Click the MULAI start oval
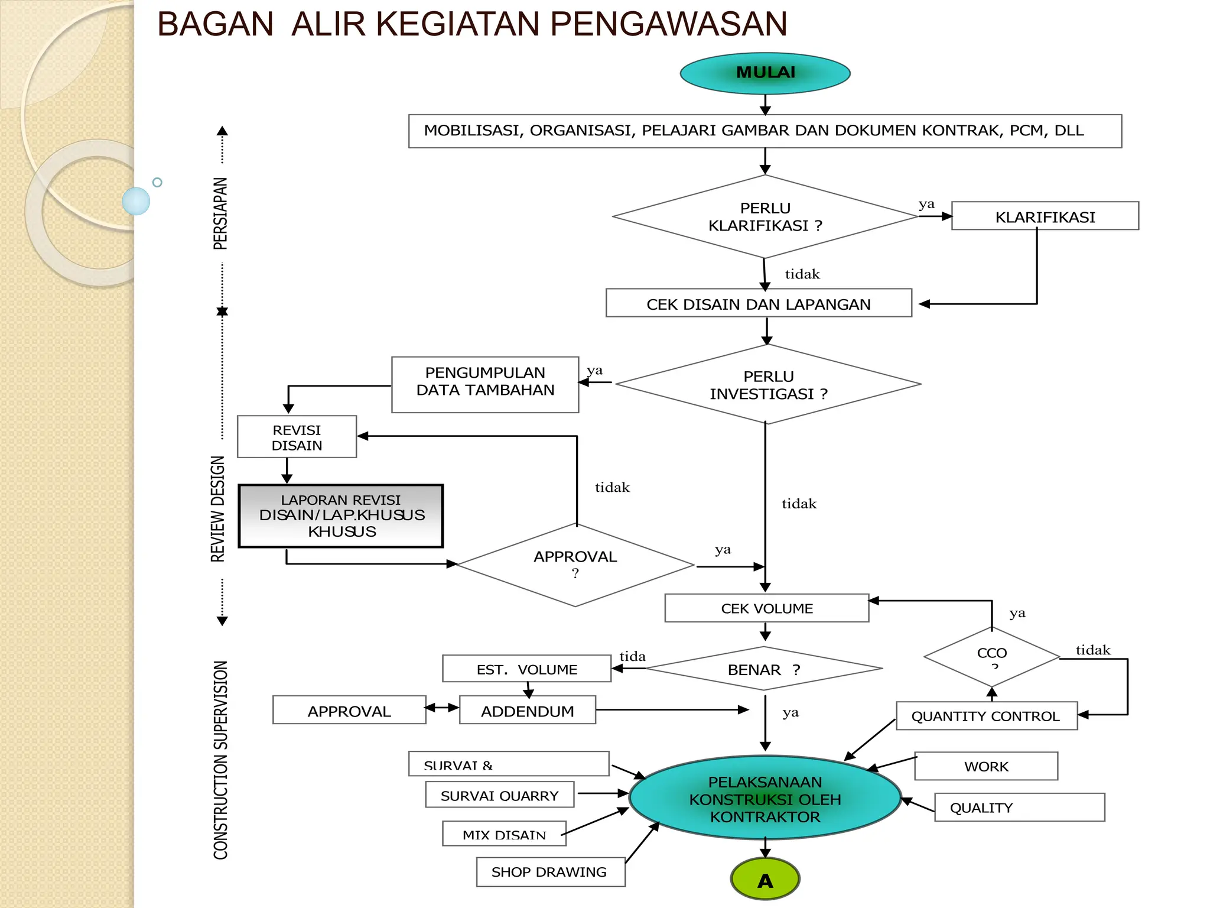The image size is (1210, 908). tap(765, 73)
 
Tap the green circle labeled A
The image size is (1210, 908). tap(765, 879)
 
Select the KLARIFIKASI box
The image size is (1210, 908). tap(1045, 216)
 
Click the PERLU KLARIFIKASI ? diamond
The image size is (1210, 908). tap(765, 217)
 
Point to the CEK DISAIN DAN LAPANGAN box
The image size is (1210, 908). tap(759, 304)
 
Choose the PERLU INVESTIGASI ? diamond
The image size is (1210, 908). tap(768, 385)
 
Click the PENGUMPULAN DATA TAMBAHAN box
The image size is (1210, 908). tap(485, 384)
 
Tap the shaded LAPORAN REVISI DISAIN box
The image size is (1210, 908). tap(341, 516)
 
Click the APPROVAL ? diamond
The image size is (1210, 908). tap(575, 565)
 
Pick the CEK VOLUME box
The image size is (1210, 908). tap(766, 608)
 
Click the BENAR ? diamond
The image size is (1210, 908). tap(763, 669)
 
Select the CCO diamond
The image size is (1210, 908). tap(991, 656)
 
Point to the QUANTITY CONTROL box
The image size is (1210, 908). tap(986, 716)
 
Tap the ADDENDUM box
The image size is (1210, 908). tap(527, 711)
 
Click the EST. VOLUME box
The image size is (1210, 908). tap(526, 669)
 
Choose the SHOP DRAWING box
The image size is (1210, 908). tap(550, 872)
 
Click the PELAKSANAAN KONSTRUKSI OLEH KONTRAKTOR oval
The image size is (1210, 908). tap(765, 799)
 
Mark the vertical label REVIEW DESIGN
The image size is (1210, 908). tap(218, 508)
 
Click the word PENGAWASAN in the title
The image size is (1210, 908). tap(669, 25)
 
